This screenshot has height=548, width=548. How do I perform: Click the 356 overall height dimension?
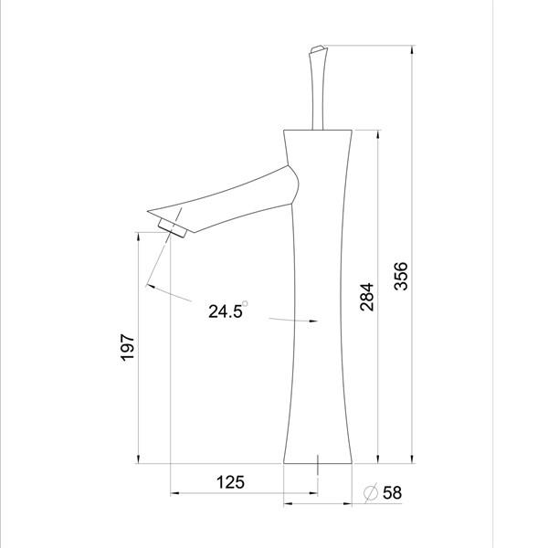[x=401, y=276]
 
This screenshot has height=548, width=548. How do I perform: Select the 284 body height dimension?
[x=367, y=297]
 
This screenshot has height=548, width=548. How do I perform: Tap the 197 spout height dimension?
[x=127, y=347]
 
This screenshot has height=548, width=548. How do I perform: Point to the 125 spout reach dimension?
[x=230, y=482]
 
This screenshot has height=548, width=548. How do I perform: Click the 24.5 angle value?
[x=225, y=311]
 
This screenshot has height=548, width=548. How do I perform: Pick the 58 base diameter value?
[x=392, y=493]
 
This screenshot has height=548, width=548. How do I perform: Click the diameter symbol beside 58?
[x=371, y=493]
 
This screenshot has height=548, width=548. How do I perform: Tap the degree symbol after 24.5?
[x=245, y=303]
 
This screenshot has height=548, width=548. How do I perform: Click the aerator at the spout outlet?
[x=173, y=227]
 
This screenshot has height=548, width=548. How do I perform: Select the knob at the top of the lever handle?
[x=317, y=49]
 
